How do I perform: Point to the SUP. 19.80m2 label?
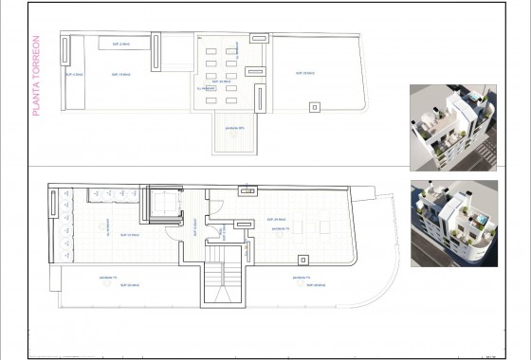[120, 73]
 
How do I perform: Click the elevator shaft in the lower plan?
[162, 206]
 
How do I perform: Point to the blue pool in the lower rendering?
[477, 220]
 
